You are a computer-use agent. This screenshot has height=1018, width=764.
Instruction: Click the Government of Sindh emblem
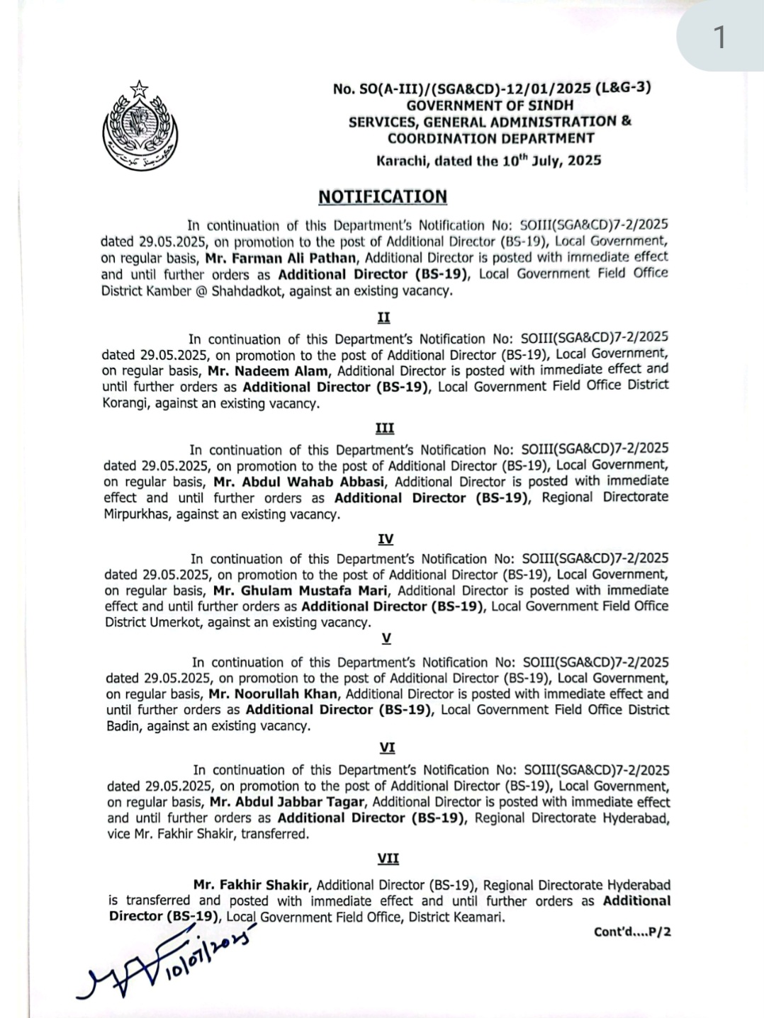[140, 126]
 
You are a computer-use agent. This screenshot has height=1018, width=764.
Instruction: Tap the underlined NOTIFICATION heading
[383, 196]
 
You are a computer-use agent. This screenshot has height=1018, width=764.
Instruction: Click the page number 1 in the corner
[719, 37]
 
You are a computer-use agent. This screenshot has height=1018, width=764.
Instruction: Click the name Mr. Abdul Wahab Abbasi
[299, 482]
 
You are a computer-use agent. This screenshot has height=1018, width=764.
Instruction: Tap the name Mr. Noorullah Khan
[273, 694]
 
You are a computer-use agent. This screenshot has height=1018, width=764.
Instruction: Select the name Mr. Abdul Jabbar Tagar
[287, 802]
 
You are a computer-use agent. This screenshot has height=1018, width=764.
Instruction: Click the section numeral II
[383, 317]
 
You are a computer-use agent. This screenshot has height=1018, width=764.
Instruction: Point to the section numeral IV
[386, 539]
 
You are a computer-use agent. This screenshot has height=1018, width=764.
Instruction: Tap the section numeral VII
[388, 859]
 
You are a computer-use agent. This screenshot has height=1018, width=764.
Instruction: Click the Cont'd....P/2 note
[632, 932]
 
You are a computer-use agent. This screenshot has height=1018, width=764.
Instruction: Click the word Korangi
[125, 404]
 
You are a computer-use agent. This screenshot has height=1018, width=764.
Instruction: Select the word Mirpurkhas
[135, 514]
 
